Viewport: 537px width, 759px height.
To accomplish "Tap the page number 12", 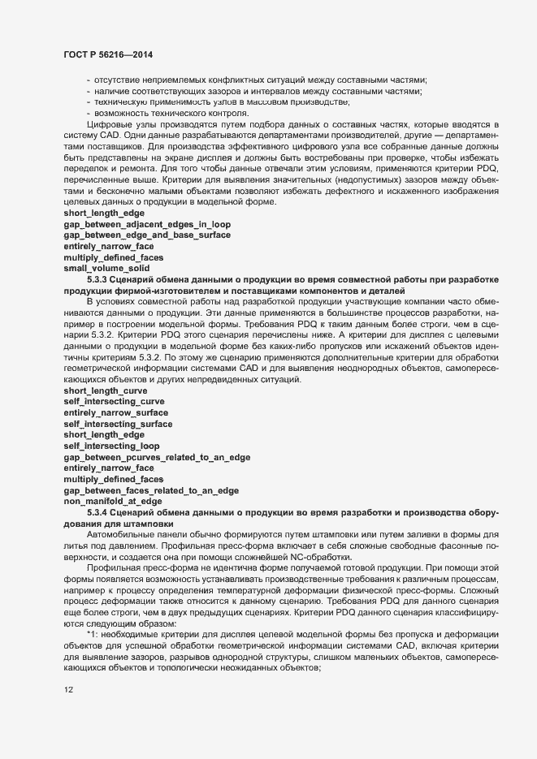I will click(x=69, y=688).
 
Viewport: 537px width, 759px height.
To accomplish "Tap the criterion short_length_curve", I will click(x=106, y=390).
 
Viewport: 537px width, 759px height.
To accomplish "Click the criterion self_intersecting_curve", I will click(x=114, y=401).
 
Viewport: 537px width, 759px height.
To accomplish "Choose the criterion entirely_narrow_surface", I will click(x=117, y=412).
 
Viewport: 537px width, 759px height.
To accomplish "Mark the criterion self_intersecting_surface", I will click(x=117, y=423).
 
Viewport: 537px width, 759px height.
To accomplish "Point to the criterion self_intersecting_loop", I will click(x=111, y=446).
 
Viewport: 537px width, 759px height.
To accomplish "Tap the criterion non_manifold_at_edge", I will click(x=107, y=502).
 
